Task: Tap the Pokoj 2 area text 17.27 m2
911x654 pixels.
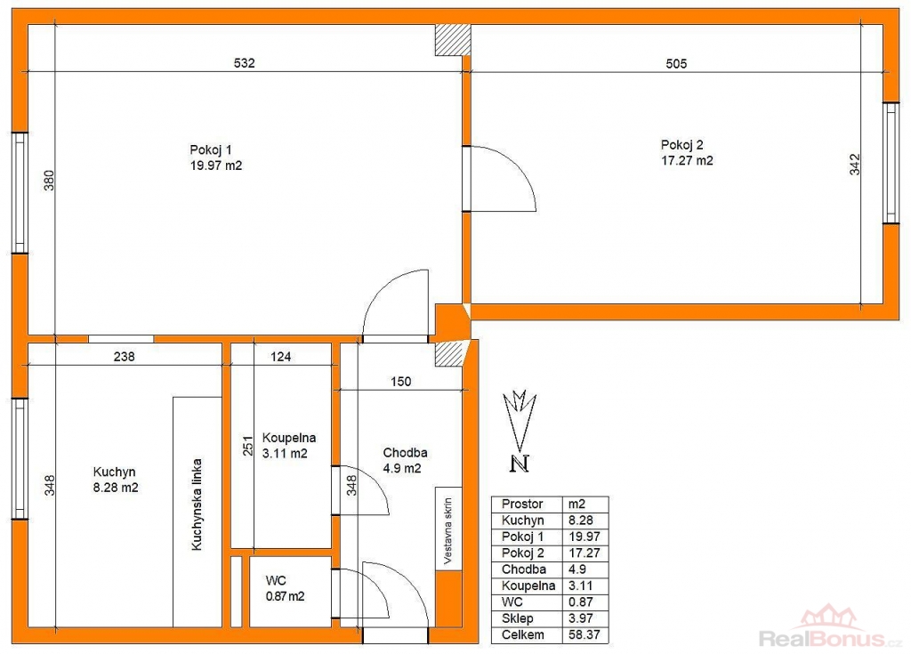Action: [x=687, y=160]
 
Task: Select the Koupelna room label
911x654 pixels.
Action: [x=289, y=438]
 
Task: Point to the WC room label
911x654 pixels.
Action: [x=276, y=580]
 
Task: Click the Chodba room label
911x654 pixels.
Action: [x=405, y=452]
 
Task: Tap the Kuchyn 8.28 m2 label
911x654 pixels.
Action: [x=116, y=480]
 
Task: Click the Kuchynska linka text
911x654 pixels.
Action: [x=197, y=504]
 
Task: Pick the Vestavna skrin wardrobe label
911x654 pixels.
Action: [x=448, y=530]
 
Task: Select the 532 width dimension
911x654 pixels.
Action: [x=244, y=63]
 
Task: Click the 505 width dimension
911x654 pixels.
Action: [x=676, y=63]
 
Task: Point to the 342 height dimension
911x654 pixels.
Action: [x=855, y=165]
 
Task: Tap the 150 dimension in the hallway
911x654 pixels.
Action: [x=401, y=382]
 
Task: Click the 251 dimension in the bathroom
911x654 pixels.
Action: [x=248, y=446]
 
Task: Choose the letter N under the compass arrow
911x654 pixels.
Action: [x=520, y=464]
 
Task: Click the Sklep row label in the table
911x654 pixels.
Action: [x=517, y=618]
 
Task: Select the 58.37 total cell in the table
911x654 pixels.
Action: [x=584, y=634]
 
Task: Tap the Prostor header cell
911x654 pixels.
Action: [x=521, y=504]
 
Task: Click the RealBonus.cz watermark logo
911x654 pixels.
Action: [x=831, y=629]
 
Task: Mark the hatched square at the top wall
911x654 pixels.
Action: [x=453, y=40]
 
